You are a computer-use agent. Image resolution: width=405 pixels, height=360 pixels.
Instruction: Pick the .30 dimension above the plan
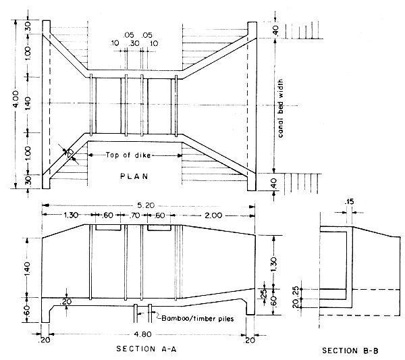point(134,43)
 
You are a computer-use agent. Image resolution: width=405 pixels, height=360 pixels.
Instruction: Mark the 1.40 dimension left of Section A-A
point(27,266)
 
